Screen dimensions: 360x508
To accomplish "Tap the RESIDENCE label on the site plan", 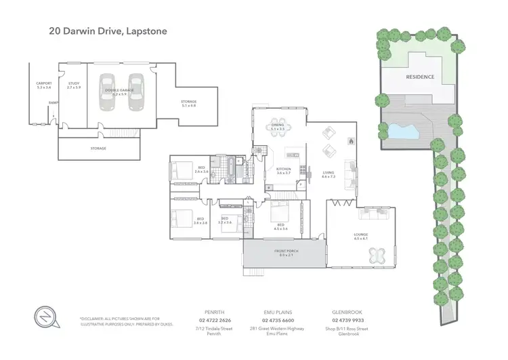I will pyautogui.click(x=420, y=77).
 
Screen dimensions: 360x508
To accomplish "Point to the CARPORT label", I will pyautogui.click(x=43, y=85).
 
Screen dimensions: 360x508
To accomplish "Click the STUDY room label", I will pyautogui.click(x=73, y=85).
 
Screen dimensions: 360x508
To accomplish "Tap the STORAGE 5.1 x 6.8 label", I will pyautogui.click(x=188, y=104).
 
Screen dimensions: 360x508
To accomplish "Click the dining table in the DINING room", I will pyautogui.click(x=278, y=127).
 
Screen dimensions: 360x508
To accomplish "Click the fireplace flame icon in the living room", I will pyautogui.click(x=351, y=141).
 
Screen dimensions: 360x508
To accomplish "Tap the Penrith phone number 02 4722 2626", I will pyautogui.click(x=215, y=321).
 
